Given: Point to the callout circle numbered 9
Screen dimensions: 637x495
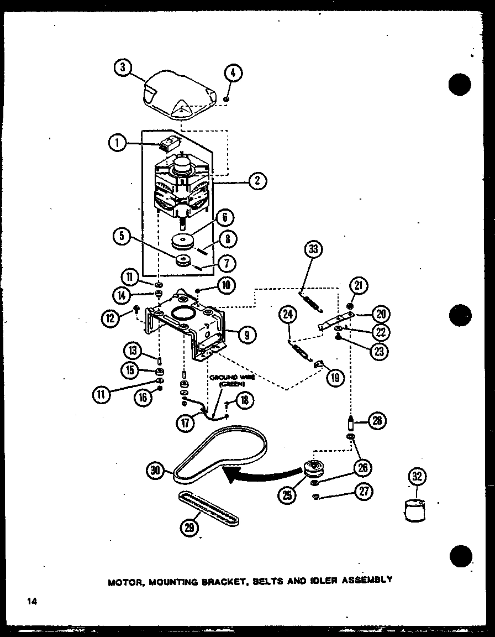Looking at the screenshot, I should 247,333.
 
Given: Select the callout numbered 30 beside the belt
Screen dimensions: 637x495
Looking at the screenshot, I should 156,471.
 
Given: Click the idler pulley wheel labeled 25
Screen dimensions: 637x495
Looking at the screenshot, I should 316,469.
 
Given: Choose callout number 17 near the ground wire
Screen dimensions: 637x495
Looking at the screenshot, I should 186,423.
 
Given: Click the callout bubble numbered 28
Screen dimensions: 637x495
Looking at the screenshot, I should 377,421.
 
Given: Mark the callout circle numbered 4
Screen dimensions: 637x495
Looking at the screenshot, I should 234,72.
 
